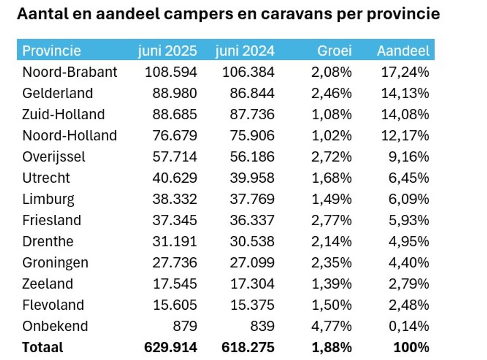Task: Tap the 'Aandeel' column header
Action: coord(403,51)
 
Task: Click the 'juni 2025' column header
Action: coord(167,51)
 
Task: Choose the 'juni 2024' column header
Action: coord(245,51)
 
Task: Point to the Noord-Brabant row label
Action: coord(70,72)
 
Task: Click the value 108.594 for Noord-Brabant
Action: coord(171,72)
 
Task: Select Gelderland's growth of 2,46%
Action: coord(331,93)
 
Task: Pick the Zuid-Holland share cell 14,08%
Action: coord(405,114)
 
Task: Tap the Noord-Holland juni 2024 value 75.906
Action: coord(248,135)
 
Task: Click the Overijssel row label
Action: coord(54,157)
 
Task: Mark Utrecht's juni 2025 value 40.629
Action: coord(175,178)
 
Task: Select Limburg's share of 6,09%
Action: coord(408,199)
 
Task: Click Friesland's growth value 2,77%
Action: coord(331,220)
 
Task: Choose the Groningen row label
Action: coord(55,263)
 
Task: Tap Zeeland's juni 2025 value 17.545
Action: coord(175,284)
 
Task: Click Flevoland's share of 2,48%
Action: coord(408,305)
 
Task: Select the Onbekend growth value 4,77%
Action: coord(331,326)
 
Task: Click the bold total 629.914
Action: coord(171,347)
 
